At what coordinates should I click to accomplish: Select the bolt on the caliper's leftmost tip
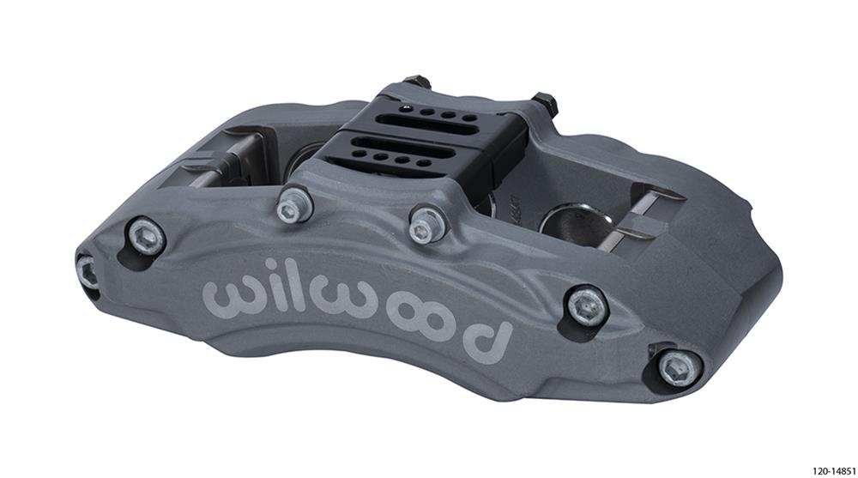(x=87, y=271)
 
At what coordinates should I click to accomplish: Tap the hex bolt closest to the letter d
(x=588, y=305)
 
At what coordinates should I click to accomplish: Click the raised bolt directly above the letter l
(x=293, y=205)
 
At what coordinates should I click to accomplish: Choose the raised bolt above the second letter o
(x=423, y=227)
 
